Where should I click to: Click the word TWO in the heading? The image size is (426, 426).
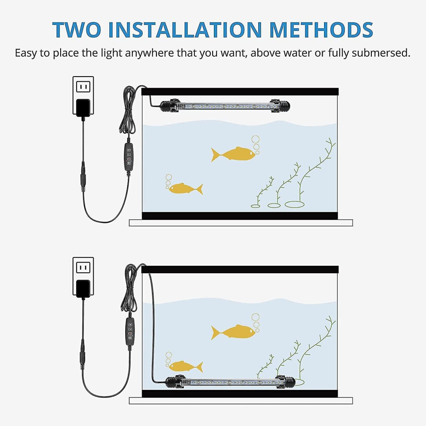click(x=77, y=30)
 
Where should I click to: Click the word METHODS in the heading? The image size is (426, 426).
click(x=321, y=30)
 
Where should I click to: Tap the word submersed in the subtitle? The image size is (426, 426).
click(x=381, y=52)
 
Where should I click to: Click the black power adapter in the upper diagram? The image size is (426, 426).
click(x=83, y=108)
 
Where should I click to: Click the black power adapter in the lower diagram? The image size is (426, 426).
click(x=83, y=289)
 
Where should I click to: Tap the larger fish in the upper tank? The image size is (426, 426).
click(x=233, y=154)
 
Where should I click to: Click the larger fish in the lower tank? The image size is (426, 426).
click(x=233, y=332)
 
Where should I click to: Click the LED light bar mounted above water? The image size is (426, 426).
click(x=225, y=105)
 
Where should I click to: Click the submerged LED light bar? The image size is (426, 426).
click(x=230, y=382)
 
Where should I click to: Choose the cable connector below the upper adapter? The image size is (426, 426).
click(x=83, y=176)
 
